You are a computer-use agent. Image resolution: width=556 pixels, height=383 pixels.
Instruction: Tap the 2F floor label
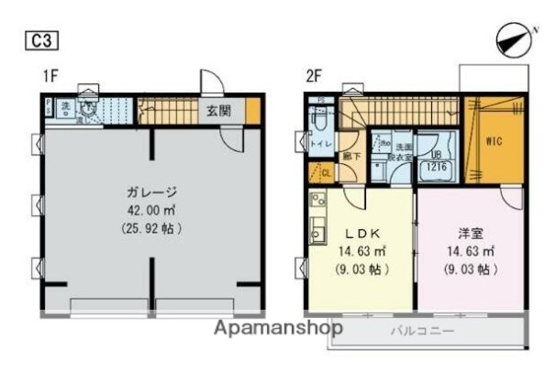(x=313, y=78)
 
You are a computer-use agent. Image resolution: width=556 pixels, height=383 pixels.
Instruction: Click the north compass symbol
(x=511, y=39)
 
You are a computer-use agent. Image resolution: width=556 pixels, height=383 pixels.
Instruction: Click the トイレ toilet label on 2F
(x=320, y=143)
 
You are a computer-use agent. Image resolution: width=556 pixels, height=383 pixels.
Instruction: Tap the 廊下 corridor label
(x=350, y=156)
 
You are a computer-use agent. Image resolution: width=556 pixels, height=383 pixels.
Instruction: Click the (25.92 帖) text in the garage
(x=151, y=228)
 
